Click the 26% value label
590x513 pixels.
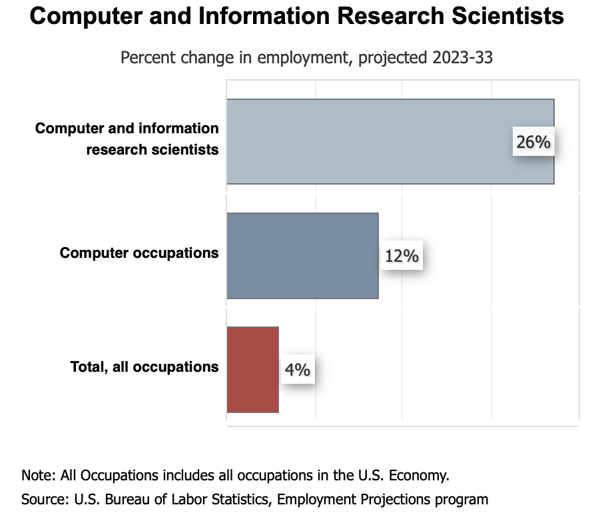click(533, 142)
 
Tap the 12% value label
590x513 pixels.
click(401, 255)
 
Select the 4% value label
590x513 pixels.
click(298, 369)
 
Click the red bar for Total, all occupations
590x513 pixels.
click(252, 369)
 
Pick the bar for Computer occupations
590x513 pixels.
click(302, 255)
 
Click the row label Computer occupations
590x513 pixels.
click(139, 253)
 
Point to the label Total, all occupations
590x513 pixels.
click(145, 366)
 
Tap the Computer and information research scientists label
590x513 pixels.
click(127, 139)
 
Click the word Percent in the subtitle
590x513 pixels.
click(147, 58)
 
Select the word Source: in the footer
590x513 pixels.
click(43, 498)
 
